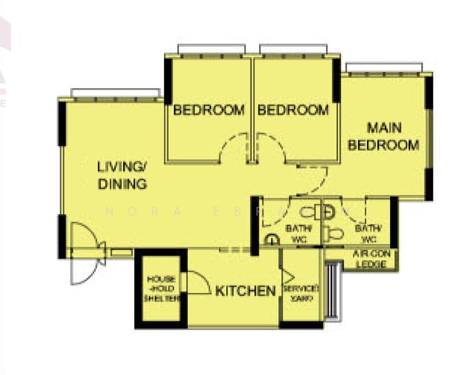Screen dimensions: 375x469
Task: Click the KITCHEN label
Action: click(x=245, y=291)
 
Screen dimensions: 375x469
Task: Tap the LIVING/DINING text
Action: click(x=122, y=176)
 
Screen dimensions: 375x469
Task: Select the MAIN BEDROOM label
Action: click(x=383, y=137)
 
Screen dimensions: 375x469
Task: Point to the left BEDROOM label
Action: click(x=209, y=111)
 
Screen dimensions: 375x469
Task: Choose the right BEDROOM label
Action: click(x=293, y=111)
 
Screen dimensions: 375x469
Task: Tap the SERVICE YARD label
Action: click(x=301, y=293)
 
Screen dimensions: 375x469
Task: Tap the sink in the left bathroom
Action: click(x=272, y=239)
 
